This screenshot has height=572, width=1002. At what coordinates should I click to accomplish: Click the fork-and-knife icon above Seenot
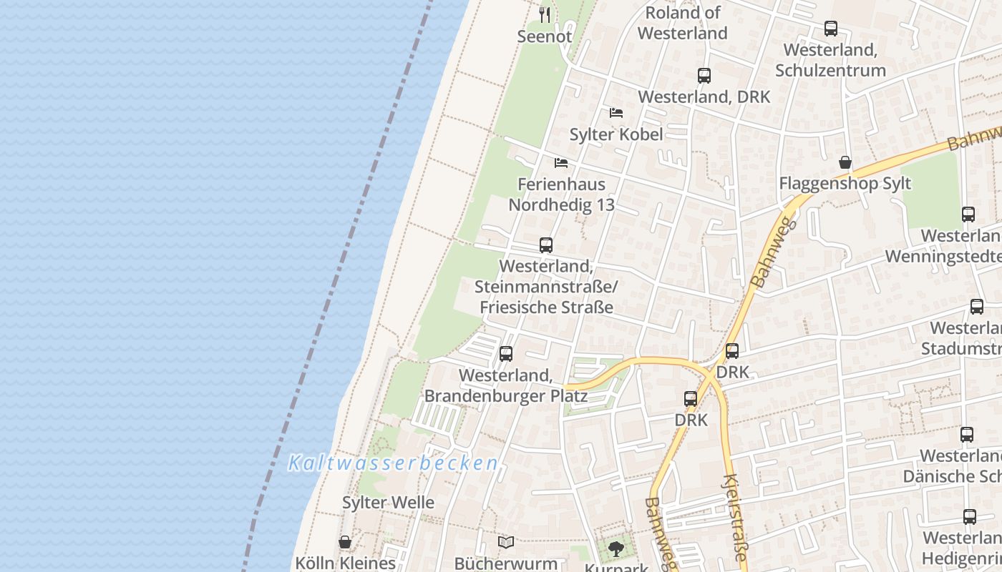[x=545, y=14]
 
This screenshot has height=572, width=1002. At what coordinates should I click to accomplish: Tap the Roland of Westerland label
[x=682, y=23]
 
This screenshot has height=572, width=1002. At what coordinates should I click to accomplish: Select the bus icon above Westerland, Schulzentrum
[x=830, y=29]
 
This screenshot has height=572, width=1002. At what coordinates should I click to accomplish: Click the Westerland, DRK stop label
[x=704, y=97]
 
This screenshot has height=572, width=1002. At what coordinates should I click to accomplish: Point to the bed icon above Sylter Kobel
[x=616, y=113]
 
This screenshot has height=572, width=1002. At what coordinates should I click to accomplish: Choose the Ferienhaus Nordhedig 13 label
[x=561, y=194]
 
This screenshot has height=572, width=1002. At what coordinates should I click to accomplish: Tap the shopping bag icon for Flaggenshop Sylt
[x=845, y=162]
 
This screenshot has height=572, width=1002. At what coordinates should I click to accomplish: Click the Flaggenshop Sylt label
[x=845, y=184]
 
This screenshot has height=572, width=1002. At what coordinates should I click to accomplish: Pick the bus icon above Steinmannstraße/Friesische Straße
[x=545, y=245]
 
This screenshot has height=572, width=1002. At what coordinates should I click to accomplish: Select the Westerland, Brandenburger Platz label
[x=506, y=385]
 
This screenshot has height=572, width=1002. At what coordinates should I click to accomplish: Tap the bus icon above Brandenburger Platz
[x=506, y=353]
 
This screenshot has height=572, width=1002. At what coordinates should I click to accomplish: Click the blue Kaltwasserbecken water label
[x=393, y=463]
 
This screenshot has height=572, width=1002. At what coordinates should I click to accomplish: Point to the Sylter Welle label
[x=388, y=503]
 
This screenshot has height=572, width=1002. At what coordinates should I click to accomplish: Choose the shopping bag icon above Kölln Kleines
[x=345, y=542]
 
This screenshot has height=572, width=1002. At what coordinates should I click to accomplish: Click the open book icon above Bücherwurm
[x=506, y=542]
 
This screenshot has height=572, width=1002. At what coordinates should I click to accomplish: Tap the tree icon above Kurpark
[x=616, y=549]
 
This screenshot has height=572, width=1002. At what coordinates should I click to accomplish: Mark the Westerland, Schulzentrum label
[x=830, y=60]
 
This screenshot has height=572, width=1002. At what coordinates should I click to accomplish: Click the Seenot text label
[x=545, y=37]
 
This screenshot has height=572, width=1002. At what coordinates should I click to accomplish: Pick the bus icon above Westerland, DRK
[x=704, y=75]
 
